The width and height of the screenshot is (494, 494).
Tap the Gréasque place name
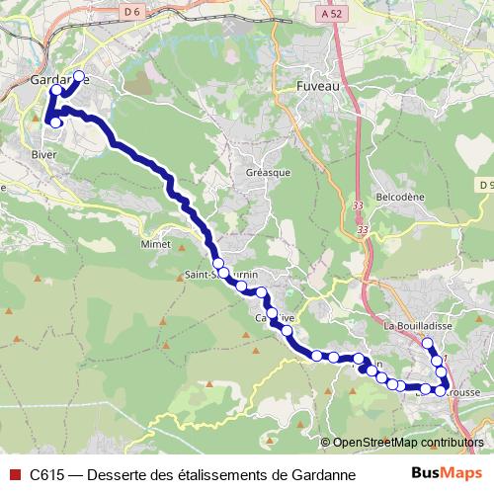point(264,171)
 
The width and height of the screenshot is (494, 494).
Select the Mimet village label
point(156,243)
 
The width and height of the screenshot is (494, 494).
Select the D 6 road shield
point(132,11)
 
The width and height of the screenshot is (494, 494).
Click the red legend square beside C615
point(13,473)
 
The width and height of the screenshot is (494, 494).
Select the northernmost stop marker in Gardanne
point(79,76)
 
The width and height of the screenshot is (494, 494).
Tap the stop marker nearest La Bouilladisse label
point(428,344)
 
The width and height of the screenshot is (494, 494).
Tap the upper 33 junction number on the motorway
point(357,205)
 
